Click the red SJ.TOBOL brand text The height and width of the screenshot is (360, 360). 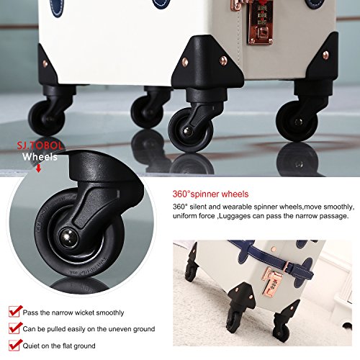(x=40, y=145)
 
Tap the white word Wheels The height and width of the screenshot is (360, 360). (x=40, y=157)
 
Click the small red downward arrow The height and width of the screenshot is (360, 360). (x=38, y=168)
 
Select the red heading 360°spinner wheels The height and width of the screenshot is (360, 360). (x=210, y=194)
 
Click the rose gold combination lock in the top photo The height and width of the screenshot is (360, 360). (x=261, y=23)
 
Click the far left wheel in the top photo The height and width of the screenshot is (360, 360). (x=47, y=118)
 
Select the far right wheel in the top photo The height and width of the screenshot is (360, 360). (x=297, y=121)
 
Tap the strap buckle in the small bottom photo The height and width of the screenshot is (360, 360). (x=287, y=266)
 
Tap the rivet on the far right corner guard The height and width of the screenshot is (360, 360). (x=325, y=55)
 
